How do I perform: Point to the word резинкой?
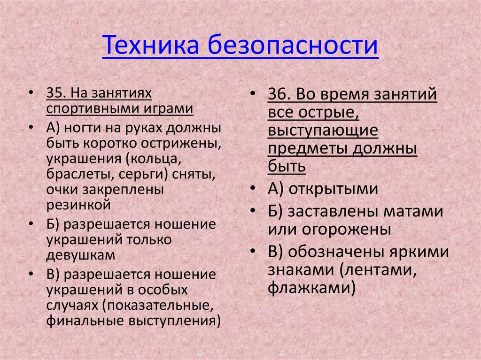click(78, 204)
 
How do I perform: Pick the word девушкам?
click(80, 255)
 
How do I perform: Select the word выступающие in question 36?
click(323, 131)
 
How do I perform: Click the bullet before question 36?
click(254, 94)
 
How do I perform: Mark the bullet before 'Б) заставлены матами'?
click(254, 211)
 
